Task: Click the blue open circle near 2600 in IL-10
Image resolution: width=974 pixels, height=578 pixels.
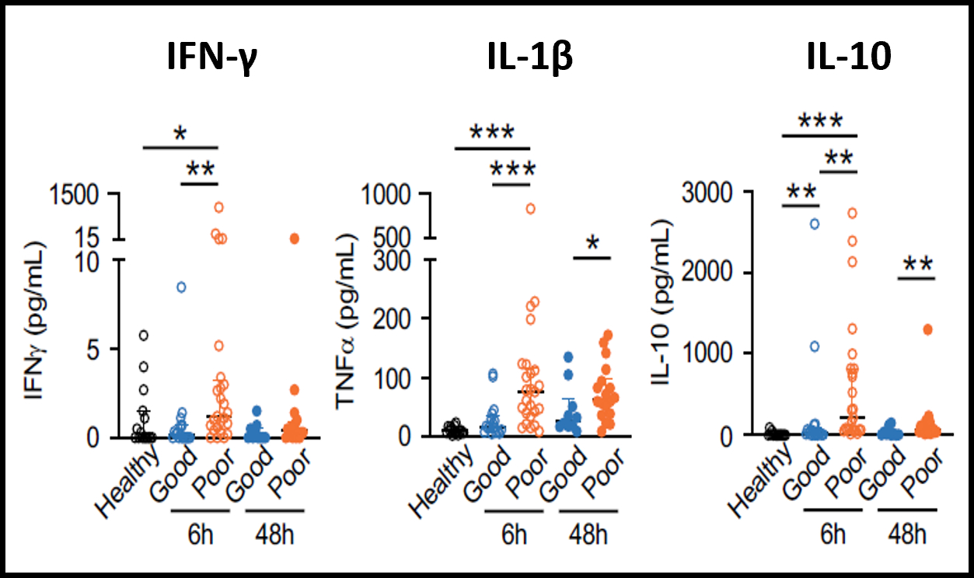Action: (815, 224)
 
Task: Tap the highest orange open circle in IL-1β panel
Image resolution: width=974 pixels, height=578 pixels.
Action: (530, 208)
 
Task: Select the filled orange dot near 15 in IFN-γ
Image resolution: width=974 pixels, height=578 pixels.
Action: (295, 239)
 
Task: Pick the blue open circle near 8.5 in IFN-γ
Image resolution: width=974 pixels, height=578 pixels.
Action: (181, 287)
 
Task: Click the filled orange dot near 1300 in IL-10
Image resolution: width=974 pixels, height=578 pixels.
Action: (927, 329)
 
